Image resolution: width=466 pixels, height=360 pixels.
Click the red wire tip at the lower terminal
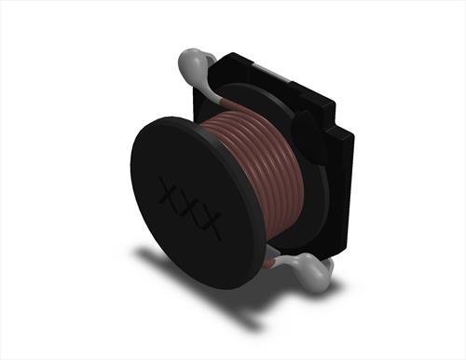pos(269,264)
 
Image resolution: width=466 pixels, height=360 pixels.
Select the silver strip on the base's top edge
pos(273,74)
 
